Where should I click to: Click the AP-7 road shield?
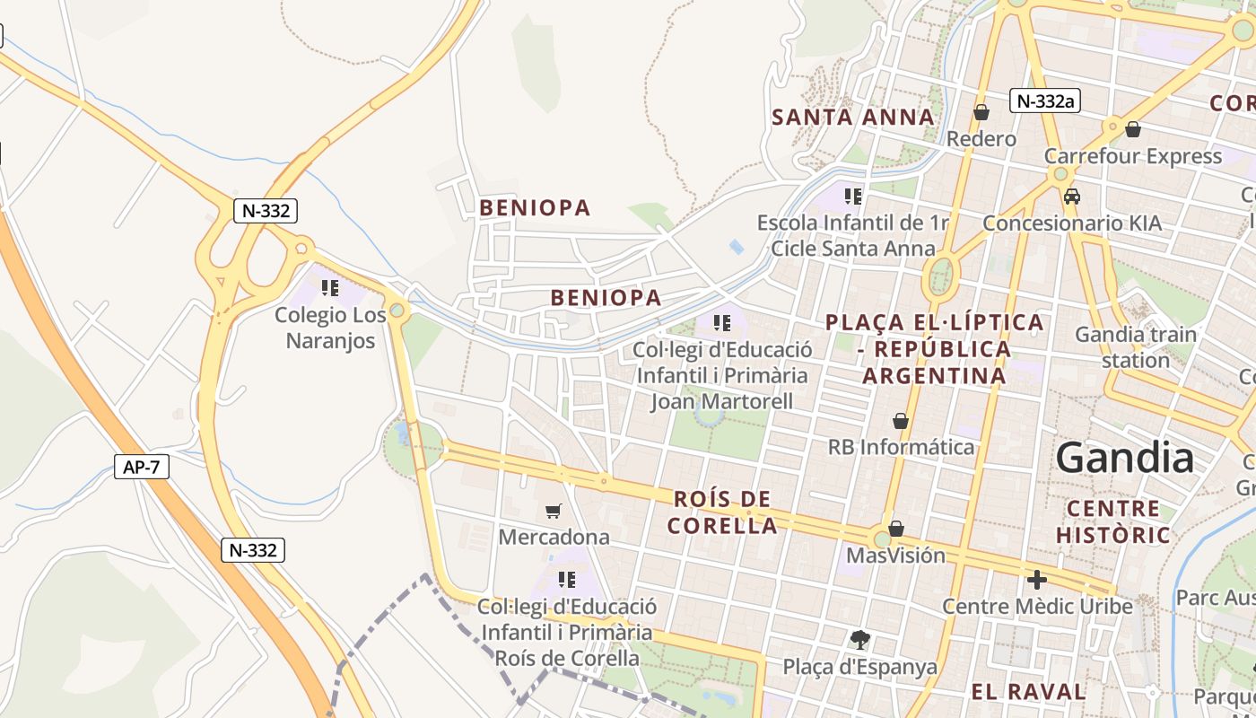click(142, 466)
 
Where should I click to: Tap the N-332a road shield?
click(1044, 101)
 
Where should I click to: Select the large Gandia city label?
click(1125, 459)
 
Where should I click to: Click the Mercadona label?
click(554, 537)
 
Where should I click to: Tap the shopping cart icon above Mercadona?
click(554, 511)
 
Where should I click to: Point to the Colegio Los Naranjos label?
click(330, 328)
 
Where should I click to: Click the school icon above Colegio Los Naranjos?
click(330, 288)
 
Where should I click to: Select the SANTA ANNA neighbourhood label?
click(853, 118)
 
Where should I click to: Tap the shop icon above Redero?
click(981, 112)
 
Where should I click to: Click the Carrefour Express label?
click(1132, 156)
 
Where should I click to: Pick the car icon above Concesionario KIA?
click(1071, 196)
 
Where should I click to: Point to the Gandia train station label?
click(1136, 347)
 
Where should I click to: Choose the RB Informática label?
click(901, 446)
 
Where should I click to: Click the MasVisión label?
click(895, 556)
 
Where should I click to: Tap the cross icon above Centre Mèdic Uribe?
click(1037, 580)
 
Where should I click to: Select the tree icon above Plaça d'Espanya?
click(859, 640)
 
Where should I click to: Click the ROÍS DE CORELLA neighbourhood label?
click(722, 512)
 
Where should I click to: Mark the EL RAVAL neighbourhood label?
click(1028, 692)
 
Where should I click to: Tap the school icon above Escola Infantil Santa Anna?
click(852, 196)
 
